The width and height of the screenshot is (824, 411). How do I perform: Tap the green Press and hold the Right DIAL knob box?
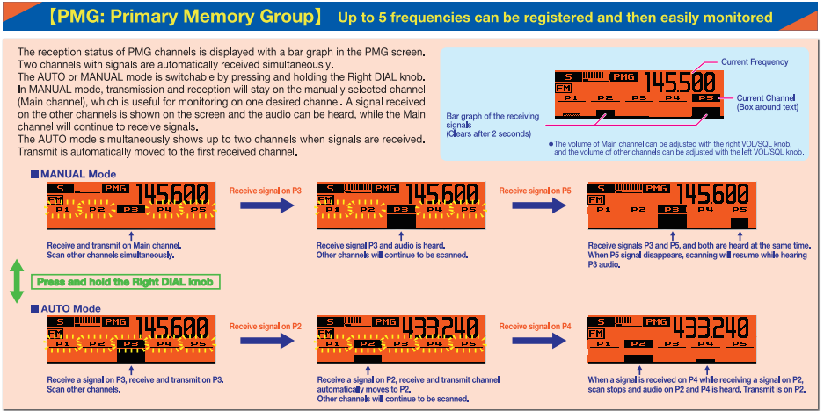[x=126, y=282]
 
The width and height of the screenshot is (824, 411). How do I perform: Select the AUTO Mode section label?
[x=70, y=309]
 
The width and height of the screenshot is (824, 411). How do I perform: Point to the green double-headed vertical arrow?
[x=16, y=281]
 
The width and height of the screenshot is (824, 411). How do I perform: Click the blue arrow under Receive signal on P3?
[x=265, y=205]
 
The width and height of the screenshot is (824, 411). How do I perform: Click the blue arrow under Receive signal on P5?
[x=535, y=205]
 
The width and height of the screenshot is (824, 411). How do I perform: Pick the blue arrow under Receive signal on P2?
[x=265, y=341]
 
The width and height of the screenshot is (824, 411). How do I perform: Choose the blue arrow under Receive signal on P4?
[x=535, y=341]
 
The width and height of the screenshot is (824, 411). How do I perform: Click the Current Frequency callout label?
[x=755, y=62]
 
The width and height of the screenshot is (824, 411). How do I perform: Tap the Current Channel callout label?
[x=768, y=102]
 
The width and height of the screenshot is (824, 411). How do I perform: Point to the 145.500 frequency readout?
[x=680, y=83]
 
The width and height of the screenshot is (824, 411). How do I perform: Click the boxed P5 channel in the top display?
[x=704, y=98]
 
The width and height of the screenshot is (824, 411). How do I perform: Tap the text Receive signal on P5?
[x=535, y=190]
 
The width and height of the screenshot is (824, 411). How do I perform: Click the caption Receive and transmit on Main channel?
[x=113, y=245]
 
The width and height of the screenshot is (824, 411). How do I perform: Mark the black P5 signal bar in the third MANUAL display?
[x=739, y=223]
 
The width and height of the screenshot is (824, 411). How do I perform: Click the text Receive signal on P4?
[x=535, y=326]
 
